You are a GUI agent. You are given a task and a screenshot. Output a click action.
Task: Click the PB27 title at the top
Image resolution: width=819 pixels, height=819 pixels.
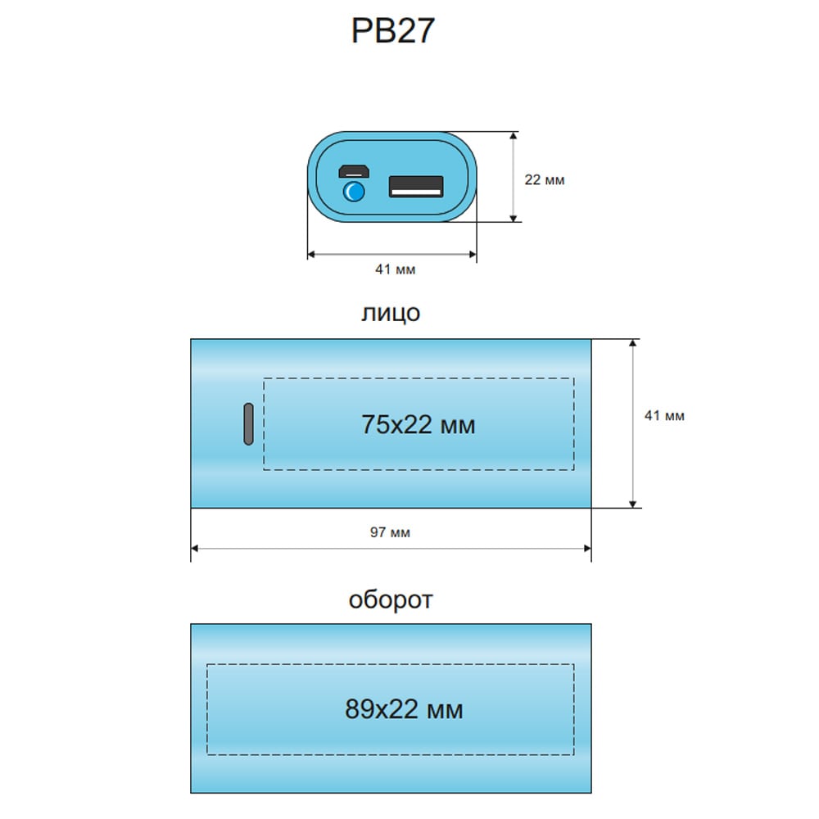[x=393, y=30]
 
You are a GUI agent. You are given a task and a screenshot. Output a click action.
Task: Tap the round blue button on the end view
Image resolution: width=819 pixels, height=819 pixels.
[x=354, y=191]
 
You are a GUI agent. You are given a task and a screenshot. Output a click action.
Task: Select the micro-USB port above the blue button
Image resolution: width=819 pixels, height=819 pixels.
[x=354, y=171]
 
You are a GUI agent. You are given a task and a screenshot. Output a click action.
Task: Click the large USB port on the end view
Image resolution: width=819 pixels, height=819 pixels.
[x=416, y=187]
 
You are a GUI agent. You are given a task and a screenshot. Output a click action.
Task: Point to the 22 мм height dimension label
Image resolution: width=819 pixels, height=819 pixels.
[x=545, y=179]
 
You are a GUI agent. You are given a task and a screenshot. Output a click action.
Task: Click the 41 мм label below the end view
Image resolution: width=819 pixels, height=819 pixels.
[x=395, y=269]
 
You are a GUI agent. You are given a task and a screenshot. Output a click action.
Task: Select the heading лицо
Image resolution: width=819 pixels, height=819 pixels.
[x=391, y=313]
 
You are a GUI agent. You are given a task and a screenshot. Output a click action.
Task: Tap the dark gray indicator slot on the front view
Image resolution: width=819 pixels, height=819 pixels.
[x=249, y=424]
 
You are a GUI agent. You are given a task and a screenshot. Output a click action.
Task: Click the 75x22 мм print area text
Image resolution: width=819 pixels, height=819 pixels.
[x=419, y=424]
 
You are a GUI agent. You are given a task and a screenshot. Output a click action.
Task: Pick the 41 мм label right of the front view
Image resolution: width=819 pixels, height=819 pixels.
[x=664, y=416]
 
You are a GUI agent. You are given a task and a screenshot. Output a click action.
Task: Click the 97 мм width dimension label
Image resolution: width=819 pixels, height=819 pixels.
[x=390, y=532]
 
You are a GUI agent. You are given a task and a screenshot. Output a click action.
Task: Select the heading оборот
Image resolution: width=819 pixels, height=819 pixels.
[x=391, y=600]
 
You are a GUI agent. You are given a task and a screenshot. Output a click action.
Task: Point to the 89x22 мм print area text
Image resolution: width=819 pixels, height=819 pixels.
[x=404, y=709]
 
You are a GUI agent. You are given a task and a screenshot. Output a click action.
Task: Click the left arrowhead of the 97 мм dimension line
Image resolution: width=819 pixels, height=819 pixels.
[x=194, y=549]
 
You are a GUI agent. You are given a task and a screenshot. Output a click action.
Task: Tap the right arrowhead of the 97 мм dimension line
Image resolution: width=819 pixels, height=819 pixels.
[x=587, y=549]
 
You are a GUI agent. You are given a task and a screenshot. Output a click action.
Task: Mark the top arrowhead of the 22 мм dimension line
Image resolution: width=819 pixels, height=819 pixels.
[x=514, y=136]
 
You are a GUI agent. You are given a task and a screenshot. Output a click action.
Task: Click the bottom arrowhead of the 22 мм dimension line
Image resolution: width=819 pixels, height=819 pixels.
[x=514, y=218]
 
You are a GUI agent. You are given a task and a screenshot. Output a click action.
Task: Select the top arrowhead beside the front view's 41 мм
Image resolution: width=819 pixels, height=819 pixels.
[x=632, y=343]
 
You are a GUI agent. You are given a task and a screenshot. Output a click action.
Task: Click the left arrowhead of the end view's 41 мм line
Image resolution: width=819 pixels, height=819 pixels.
[x=311, y=255]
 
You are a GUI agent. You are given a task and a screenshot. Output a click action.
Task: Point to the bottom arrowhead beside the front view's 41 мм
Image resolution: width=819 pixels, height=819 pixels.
[x=632, y=504]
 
